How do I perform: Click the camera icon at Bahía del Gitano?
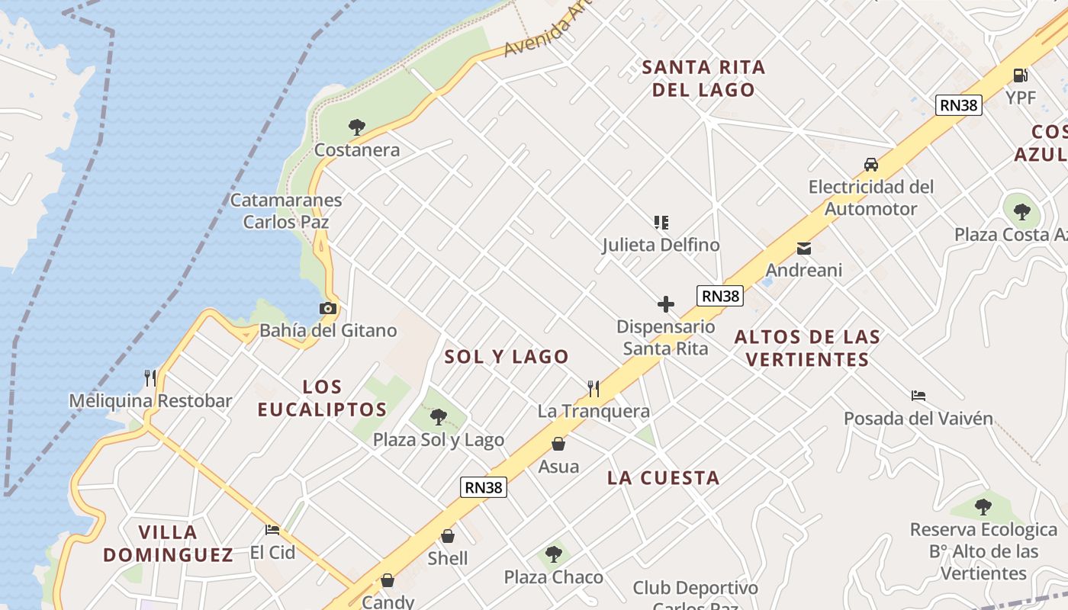click(328, 308)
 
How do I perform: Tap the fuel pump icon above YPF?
click(1020, 75)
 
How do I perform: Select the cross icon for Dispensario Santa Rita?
click(666, 304)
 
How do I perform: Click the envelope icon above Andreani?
click(803, 248)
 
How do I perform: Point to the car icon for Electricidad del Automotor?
click(870, 164)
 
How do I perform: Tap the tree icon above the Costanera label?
click(356, 127)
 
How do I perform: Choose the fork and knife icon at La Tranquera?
click(594, 388)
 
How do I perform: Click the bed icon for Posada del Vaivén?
click(918, 395)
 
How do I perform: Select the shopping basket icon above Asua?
click(558, 444)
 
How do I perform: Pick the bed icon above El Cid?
click(272, 529)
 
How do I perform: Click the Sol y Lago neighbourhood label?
click(507, 356)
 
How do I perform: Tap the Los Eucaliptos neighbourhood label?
click(322, 398)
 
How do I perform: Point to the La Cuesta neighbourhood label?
click(663, 478)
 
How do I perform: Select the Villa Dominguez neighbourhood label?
click(168, 543)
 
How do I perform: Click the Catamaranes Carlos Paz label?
click(286, 211)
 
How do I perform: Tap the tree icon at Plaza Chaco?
click(554, 554)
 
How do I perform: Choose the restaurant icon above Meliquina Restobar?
click(150, 377)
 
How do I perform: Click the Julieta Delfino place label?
click(661, 245)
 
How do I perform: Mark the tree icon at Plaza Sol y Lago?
click(438, 416)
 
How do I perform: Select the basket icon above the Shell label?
click(448, 536)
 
